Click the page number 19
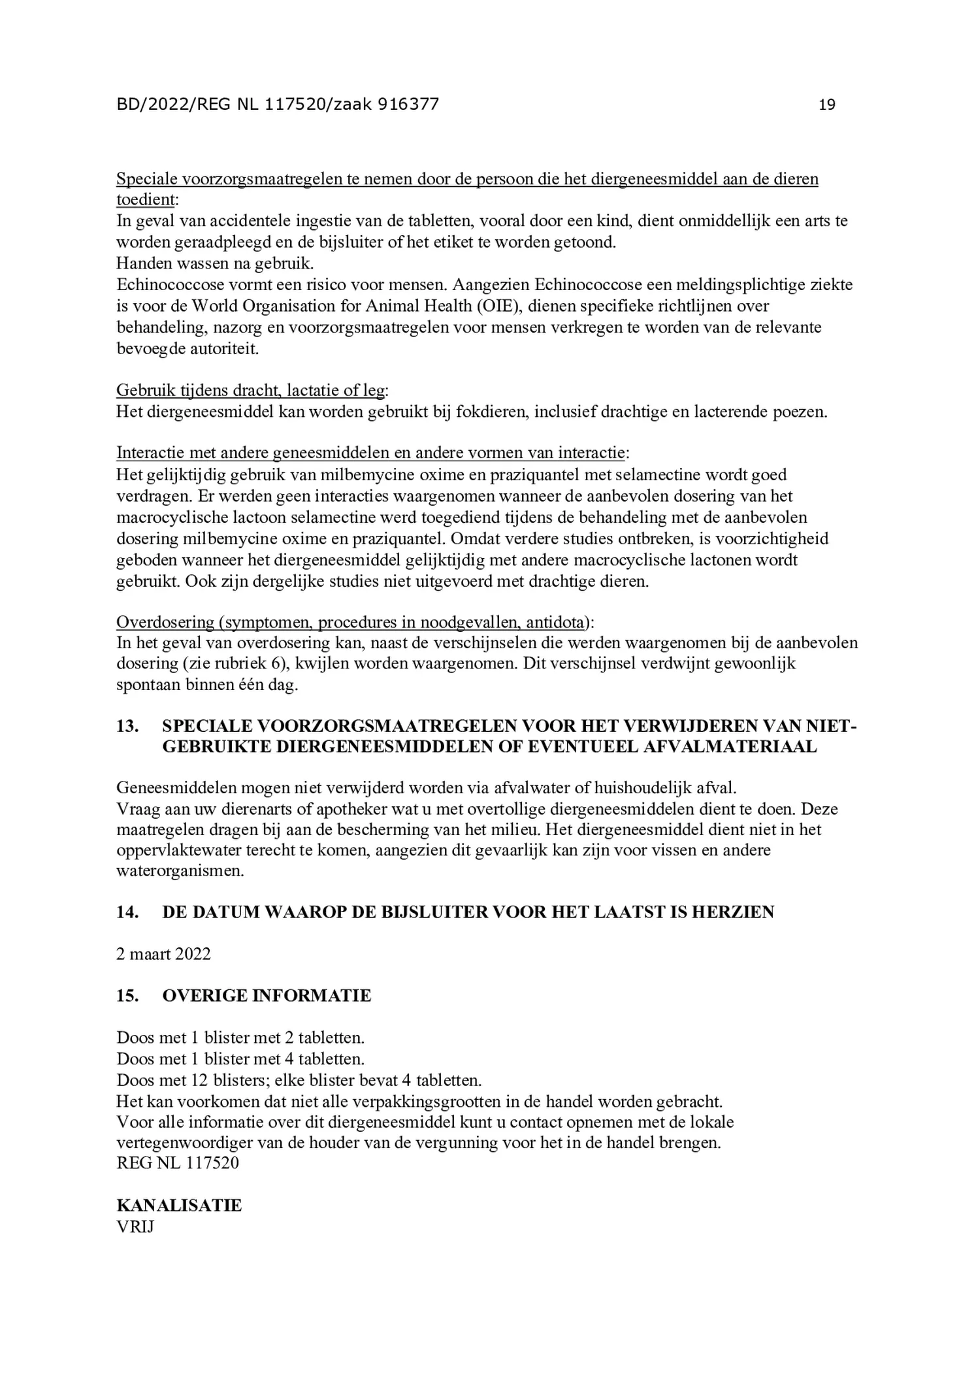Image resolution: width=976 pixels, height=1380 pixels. point(826,105)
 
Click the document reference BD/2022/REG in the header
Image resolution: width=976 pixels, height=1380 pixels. point(173,105)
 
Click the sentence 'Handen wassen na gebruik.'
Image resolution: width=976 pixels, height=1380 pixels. point(215,263)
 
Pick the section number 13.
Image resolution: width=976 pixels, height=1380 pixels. point(127,727)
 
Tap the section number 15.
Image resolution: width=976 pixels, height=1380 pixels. point(127,995)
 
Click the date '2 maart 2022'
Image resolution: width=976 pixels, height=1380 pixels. point(163,953)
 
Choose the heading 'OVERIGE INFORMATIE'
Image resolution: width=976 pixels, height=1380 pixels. point(267,995)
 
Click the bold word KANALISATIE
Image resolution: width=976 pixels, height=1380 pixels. point(179,1205)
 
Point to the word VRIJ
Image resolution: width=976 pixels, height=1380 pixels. point(135,1226)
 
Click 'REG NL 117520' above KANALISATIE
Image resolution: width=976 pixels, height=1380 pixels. point(178,1162)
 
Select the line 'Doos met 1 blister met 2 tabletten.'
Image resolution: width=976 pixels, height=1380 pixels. point(240,1037)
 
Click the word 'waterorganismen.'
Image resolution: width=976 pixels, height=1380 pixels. point(180,871)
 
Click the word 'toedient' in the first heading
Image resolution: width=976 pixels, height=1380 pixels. point(146,200)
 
